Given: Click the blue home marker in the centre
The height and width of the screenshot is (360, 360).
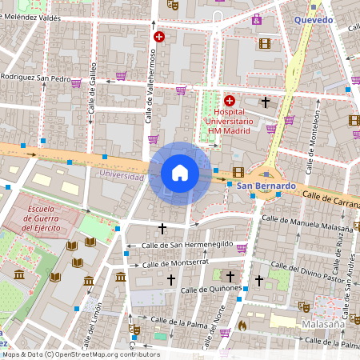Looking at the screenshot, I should click(x=179, y=172).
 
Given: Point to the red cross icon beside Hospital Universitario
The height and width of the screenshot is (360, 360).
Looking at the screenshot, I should click(x=230, y=101).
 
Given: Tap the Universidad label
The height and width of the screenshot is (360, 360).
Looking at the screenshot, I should click(x=122, y=174).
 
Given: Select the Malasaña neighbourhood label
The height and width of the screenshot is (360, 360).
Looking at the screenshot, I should click(x=323, y=325).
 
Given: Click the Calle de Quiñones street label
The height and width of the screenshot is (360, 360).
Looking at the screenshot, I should click(x=211, y=289).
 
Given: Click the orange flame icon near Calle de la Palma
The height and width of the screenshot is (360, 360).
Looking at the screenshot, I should click(x=242, y=326).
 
